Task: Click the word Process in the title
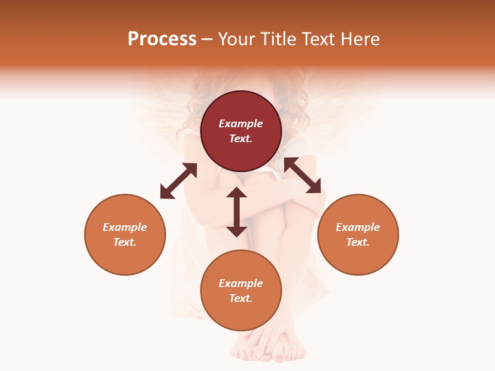coord(162,39)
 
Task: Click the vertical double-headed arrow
coord(237,212)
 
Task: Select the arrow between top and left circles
coord(178,181)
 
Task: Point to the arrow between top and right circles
coord(303,175)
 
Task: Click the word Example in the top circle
coord(241,124)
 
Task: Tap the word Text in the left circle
coord(125,242)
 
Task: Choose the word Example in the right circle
coord(358,227)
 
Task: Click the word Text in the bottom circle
coord(241,298)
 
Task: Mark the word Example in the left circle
coord(125,227)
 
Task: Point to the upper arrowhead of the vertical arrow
coord(237,193)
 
